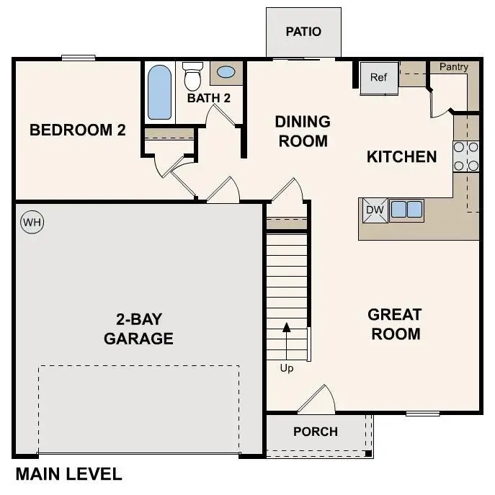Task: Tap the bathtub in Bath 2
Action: click(x=159, y=93)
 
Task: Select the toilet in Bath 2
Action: click(x=192, y=75)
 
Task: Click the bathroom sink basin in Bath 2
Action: click(x=226, y=72)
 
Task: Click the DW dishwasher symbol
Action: click(x=373, y=210)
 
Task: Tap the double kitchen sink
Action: click(x=406, y=210)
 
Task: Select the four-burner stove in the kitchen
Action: click(x=466, y=156)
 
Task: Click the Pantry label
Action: click(x=454, y=67)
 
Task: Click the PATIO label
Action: click(x=303, y=32)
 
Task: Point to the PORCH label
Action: click(x=316, y=432)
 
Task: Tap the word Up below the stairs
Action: click(x=287, y=368)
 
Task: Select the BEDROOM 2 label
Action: click(x=78, y=130)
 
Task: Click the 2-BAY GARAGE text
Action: click(x=138, y=329)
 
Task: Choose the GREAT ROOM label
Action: click(x=395, y=324)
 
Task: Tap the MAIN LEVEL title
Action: click(x=68, y=474)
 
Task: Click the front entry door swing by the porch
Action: click(x=317, y=401)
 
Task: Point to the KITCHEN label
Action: click(x=402, y=156)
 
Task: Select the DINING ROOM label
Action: click(x=302, y=131)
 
